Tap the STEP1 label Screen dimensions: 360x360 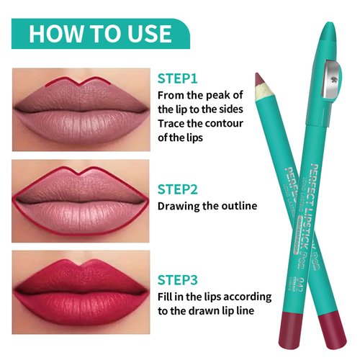click(177, 78)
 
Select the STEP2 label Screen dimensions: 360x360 click(178, 190)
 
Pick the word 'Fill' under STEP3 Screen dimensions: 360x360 click(167, 297)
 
